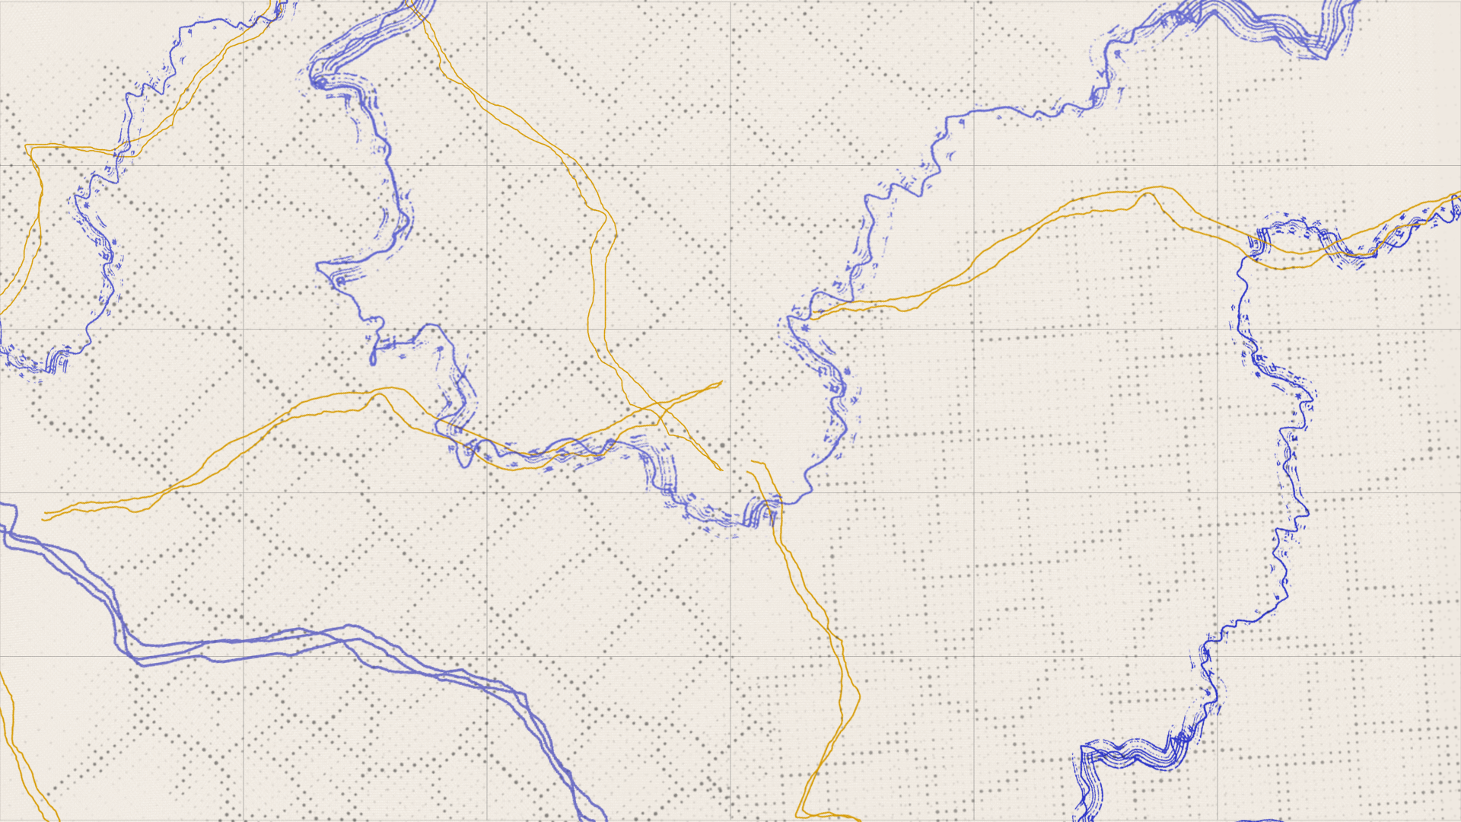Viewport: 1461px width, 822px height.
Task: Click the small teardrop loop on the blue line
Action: (x=373, y=356)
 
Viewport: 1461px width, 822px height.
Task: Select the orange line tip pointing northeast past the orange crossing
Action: (x=721, y=382)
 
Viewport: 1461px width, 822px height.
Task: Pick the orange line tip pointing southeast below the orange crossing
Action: (x=720, y=470)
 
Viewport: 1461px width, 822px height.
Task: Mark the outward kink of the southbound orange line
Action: (x=858, y=694)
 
